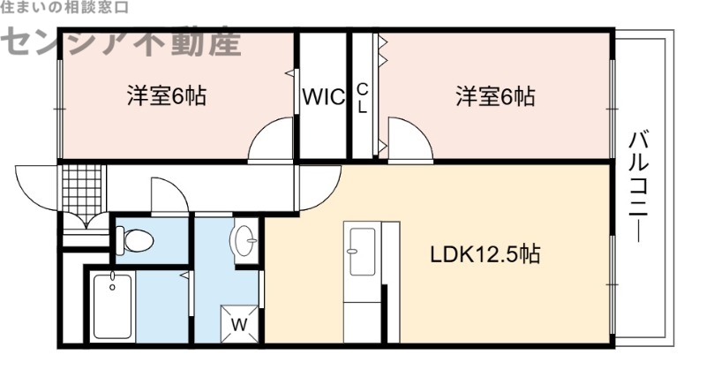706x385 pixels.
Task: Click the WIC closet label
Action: (325, 97)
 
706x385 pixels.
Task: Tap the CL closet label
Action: (362, 97)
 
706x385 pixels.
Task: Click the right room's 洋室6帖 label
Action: (494, 96)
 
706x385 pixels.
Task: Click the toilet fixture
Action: (135, 239)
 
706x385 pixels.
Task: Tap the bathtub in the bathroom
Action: (112, 306)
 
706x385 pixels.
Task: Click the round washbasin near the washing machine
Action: (244, 240)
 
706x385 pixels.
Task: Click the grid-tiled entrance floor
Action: (84, 186)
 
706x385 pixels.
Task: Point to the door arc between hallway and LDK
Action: (318, 185)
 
